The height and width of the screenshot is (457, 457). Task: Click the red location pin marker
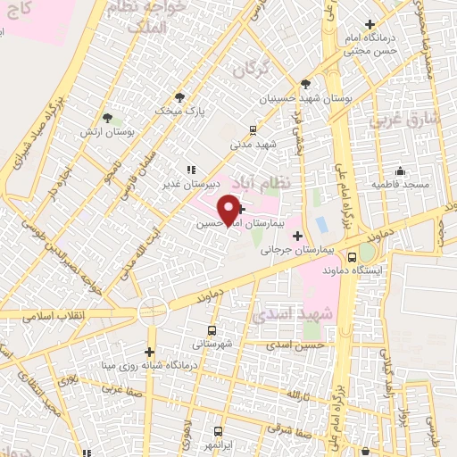pos(230,209)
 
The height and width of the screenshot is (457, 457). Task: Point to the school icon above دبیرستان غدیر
pos(189,170)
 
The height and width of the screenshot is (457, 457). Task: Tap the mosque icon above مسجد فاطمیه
pos(399,170)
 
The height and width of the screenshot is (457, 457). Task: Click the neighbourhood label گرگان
pos(251,68)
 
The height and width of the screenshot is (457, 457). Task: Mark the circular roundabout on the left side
pos(153,310)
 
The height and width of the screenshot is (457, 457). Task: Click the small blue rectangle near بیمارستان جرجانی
pos(320,223)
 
